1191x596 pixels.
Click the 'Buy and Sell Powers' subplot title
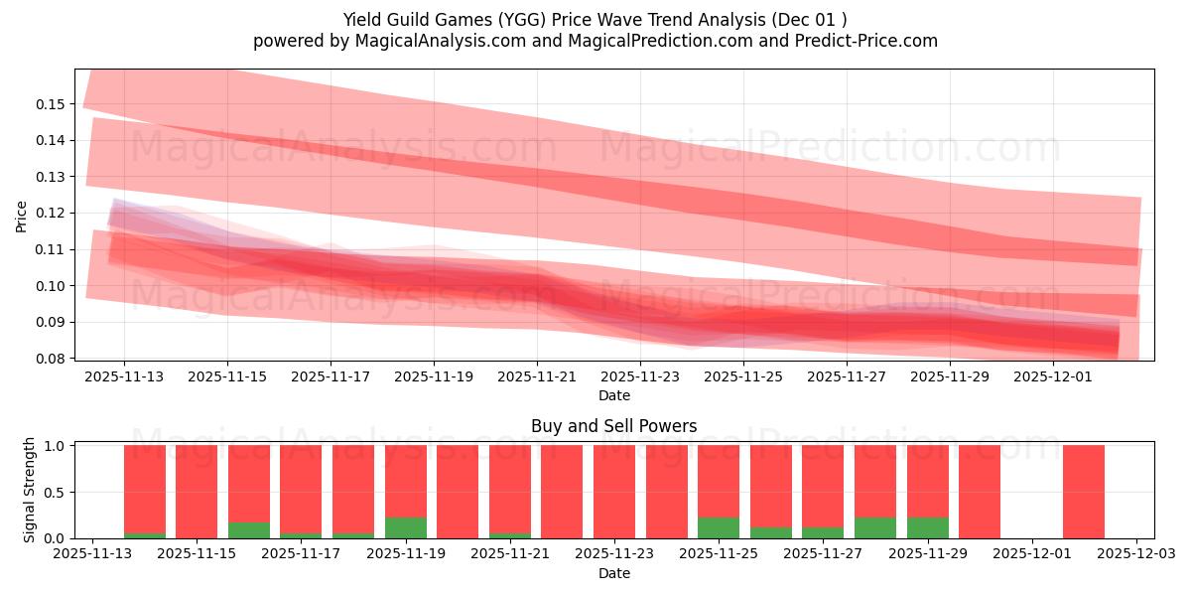point(613,426)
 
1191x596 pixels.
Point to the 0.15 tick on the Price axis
point(52,104)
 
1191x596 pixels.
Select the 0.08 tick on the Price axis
point(52,359)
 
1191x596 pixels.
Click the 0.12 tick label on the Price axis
point(52,213)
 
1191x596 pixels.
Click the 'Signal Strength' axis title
point(30,490)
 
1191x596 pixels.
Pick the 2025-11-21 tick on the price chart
point(537,377)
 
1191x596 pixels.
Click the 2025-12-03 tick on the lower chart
point(1135,554)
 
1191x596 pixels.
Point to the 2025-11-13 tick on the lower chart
point(92,554)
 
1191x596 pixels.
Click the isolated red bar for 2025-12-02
point(1083,492)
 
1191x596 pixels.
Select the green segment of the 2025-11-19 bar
point(405,528)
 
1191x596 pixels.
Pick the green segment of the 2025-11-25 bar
point(719,528)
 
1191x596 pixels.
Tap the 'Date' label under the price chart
point(613,396)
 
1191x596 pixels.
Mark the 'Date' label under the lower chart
point(613,573)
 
